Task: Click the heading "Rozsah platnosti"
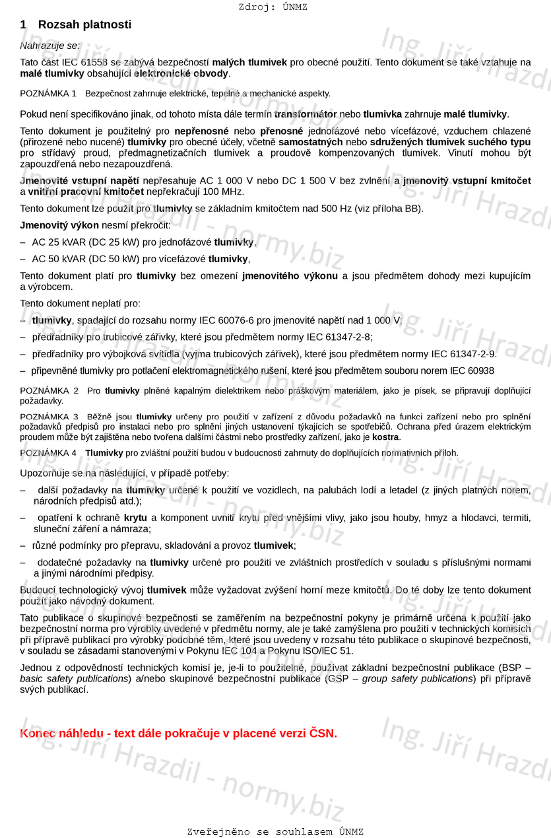pos(84,24)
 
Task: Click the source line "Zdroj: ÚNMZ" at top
pos(273,7)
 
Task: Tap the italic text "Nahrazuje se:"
pos(50,46)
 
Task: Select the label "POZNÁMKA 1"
pos(48,94)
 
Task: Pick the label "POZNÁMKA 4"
pos(48,453)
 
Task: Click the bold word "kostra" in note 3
pos(385,437)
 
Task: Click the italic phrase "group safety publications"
pos(418,679)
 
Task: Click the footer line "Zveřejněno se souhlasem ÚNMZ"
pos(275,831)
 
